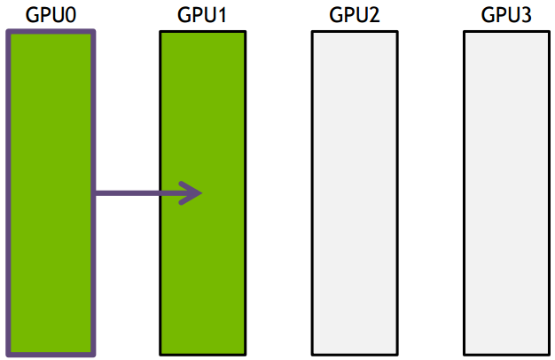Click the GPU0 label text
50,15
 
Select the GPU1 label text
201,15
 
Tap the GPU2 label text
354,15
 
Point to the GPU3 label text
505,15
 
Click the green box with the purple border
50,266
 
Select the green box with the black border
201,266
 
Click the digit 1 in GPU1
221,15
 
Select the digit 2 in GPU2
373,15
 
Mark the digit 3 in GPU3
525,15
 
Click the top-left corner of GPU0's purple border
8,33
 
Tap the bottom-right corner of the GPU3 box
547,354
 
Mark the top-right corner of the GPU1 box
244,32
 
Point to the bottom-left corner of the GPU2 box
312,354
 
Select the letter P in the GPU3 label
499,15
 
